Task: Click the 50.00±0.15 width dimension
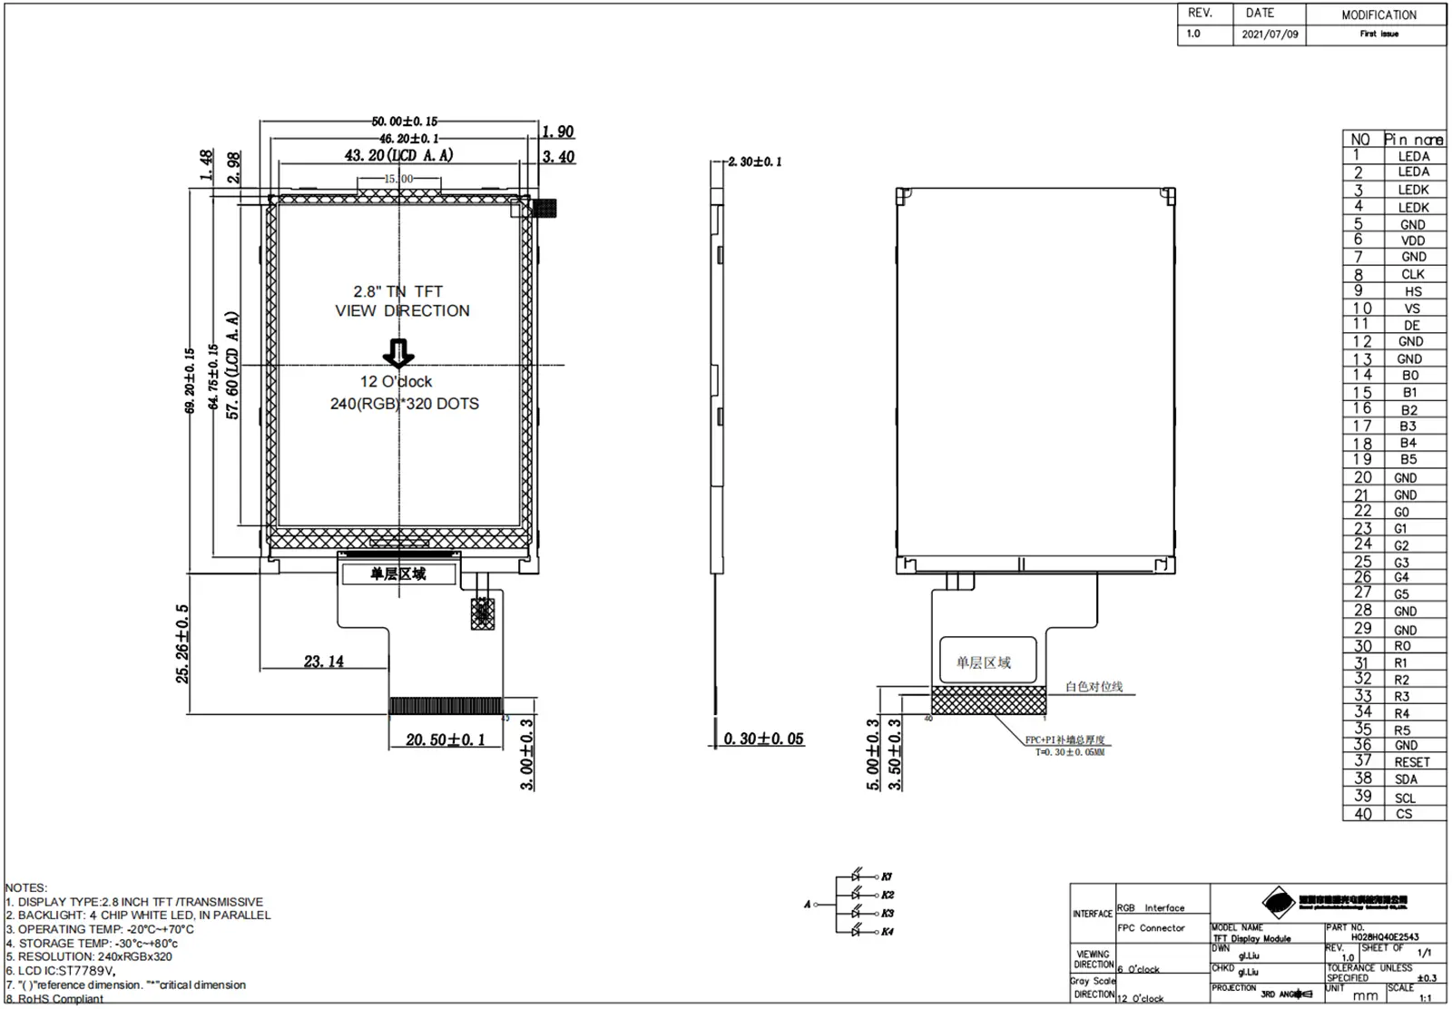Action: tap(404, 121)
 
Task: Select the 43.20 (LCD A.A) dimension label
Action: tap(398, 155)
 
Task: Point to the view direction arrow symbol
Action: tap(398, 352)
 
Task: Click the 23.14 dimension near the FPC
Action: tap(324, 661)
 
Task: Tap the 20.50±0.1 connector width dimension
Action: tap(445, 740)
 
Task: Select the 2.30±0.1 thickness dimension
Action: tap(754, 162)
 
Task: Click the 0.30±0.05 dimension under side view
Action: tap(763, 739)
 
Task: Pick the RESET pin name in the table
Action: tap(1411, 762)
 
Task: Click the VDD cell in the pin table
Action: tap(1412, 240)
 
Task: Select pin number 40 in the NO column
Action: tap(1362, 814)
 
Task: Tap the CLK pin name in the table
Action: tap(1412, 274)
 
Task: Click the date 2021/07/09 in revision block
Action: tap(1270, 34)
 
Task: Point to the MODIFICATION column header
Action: tap(1378, 15)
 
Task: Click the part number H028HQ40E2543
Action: tap(1384, 936)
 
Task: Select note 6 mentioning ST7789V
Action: tap(61, 970)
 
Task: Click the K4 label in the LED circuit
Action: tap(887, 932)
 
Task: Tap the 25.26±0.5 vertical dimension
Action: tap(183, 643)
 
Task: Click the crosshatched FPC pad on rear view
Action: tap(988, 700)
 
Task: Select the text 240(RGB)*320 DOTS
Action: tap(404, 404)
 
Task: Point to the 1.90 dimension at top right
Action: tap(557, 132)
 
